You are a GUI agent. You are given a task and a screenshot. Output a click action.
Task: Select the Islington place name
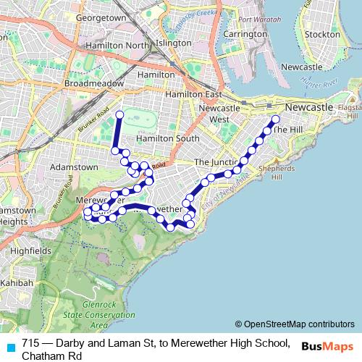pyautogui.click(x=174, y=43)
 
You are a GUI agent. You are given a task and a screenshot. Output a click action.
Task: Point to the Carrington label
pyautogui.click(x=245, y=34)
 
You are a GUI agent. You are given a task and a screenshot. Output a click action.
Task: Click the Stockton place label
pyautogui.click(x=323, y=34)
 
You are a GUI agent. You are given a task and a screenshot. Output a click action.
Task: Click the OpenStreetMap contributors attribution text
pyautogui.click(x=295, y=324)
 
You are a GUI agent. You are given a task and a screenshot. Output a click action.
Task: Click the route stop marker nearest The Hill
pyautogui.click(x=275, y=119)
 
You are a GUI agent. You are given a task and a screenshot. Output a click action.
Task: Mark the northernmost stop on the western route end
pyautogui.click(x=119, y=115)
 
